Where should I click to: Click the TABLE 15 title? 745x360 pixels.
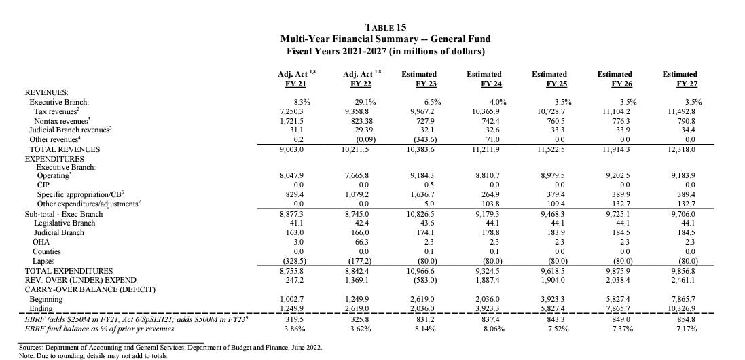[386, 27]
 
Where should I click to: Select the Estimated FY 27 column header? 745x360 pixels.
[680, 79]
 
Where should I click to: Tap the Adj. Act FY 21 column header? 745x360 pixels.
[294, 79]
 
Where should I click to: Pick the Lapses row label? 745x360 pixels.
[44, 261]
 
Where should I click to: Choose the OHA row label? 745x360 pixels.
[41, 242]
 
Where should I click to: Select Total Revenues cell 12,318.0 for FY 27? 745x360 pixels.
[680, 149]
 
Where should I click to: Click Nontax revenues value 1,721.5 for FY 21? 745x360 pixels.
[291, 120]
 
